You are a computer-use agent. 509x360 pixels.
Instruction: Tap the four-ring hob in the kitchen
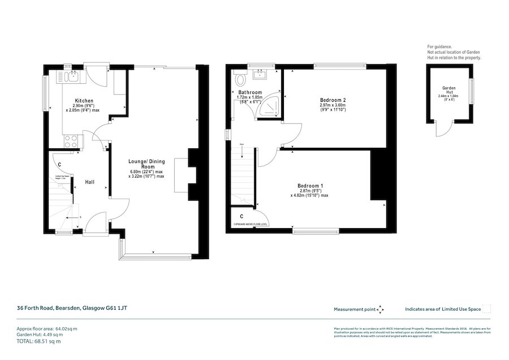[72, 141]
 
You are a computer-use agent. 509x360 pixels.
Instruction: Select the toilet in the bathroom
[240, 79]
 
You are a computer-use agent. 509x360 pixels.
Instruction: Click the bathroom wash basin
[261, 75]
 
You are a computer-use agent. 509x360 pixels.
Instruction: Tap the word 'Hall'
[90, 182]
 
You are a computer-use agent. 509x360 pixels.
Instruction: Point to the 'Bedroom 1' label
[310, 186]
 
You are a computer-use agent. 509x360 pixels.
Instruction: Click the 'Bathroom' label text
[249, 92]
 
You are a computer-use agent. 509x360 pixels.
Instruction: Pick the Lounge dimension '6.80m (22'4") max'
[146, 172]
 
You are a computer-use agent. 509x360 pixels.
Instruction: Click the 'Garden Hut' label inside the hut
[449, 91]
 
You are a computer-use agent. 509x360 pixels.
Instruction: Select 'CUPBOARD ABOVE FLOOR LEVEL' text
[253, 225]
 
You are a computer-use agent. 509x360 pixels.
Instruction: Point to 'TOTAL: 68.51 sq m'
[38, 341]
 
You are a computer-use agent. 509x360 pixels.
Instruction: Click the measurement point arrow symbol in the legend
[381, 309]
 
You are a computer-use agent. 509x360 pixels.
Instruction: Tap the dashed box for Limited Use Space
[486, 308]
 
